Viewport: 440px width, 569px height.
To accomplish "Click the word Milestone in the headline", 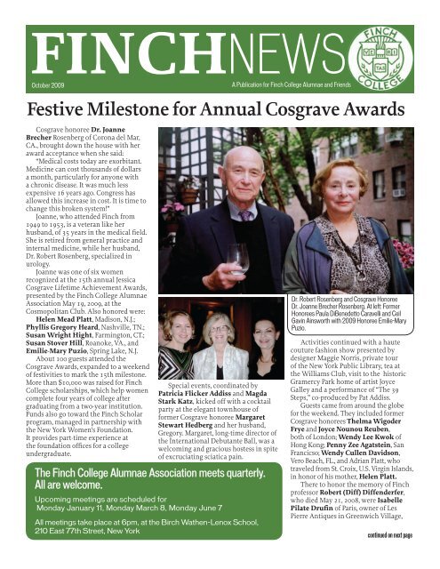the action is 153,110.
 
